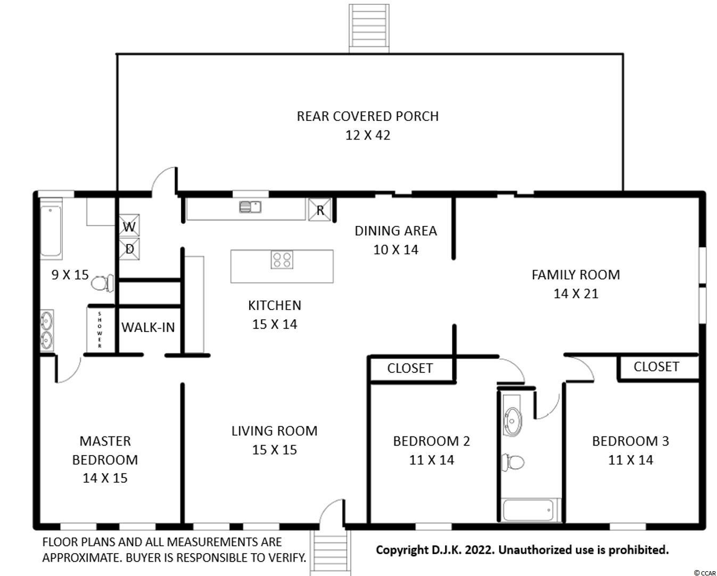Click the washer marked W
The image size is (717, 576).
pos(129,226)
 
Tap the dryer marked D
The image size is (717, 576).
pos(129,249)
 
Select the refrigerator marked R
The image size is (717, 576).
pos(320,210)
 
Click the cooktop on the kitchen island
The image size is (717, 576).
pos(282,259)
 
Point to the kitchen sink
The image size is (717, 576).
pos(250,207)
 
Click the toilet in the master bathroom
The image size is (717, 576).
pos(102,283)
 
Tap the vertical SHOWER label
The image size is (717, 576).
pos(100,330)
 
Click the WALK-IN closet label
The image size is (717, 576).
pos(149,328)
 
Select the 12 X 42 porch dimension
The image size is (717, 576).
pos(368,135)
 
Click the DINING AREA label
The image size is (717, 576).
pos(396,231)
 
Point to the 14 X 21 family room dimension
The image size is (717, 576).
pos(576,294)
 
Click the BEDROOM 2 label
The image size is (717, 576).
pos(432,441)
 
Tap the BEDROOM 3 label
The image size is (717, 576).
pos(630,441)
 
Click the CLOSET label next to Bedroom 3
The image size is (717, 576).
pos(656,367)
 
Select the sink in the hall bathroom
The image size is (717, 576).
pos(512,421)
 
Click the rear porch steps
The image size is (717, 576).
pos(369,28)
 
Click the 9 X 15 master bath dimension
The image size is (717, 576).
pos(70,275)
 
